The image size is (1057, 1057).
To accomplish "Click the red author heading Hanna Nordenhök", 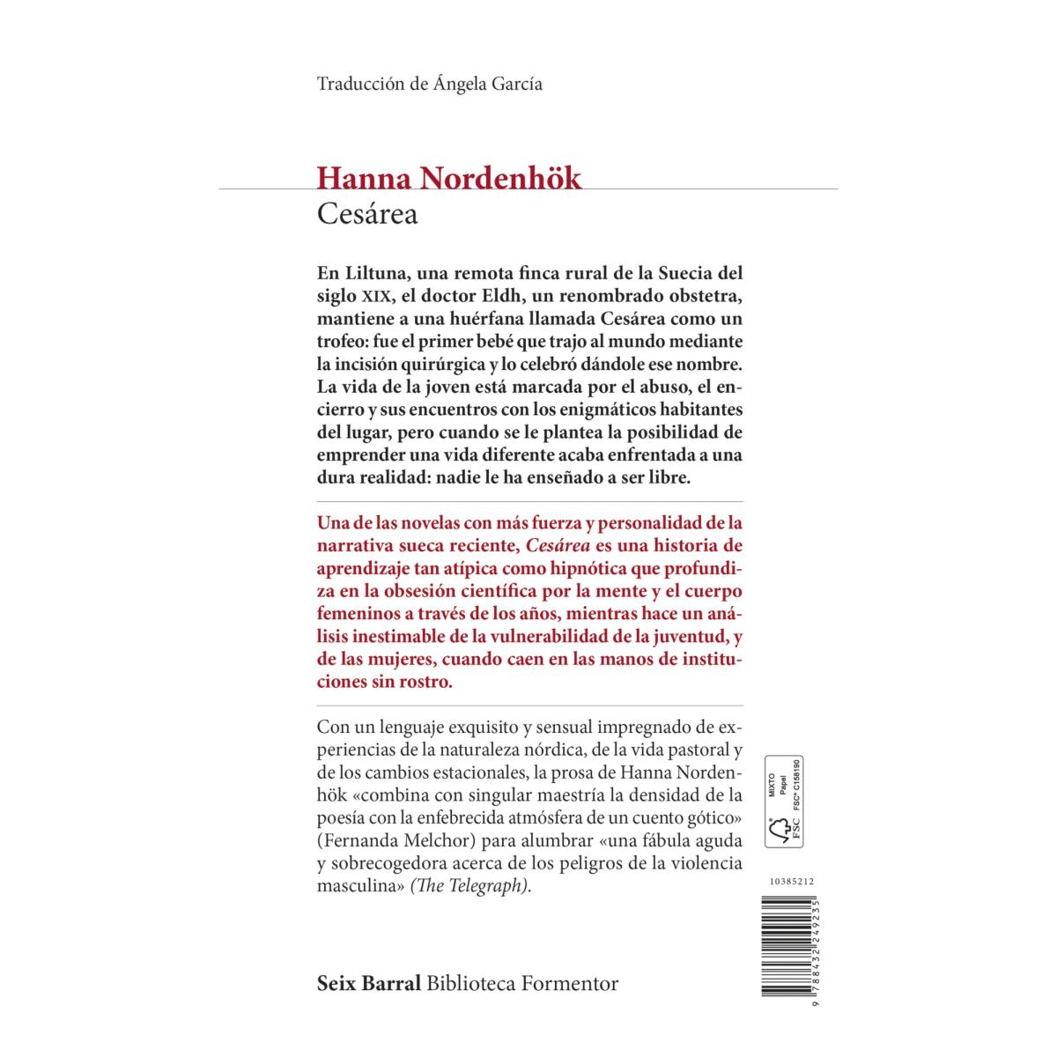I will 449,179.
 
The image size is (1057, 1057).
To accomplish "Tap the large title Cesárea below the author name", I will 367,215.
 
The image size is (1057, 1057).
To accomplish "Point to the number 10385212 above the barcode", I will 783,880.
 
